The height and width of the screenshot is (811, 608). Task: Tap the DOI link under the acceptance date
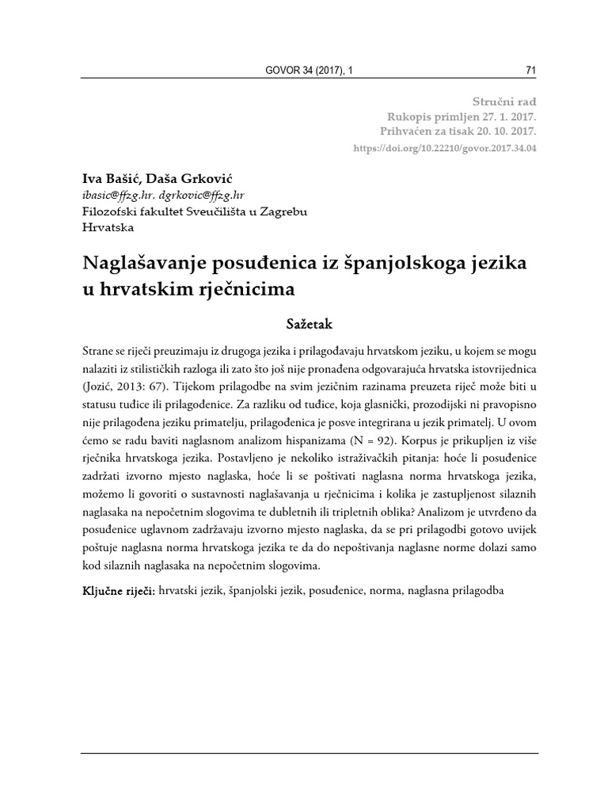pyautogui.click(x=443, y=149)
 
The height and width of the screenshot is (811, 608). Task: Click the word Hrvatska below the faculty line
pyautogui.click(x=108, y=227)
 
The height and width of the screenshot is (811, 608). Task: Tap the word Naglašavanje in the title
pyautogui.click(x=150, y=261)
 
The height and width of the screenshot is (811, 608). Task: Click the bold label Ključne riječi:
pyautogui.click(x=118, y=592)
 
